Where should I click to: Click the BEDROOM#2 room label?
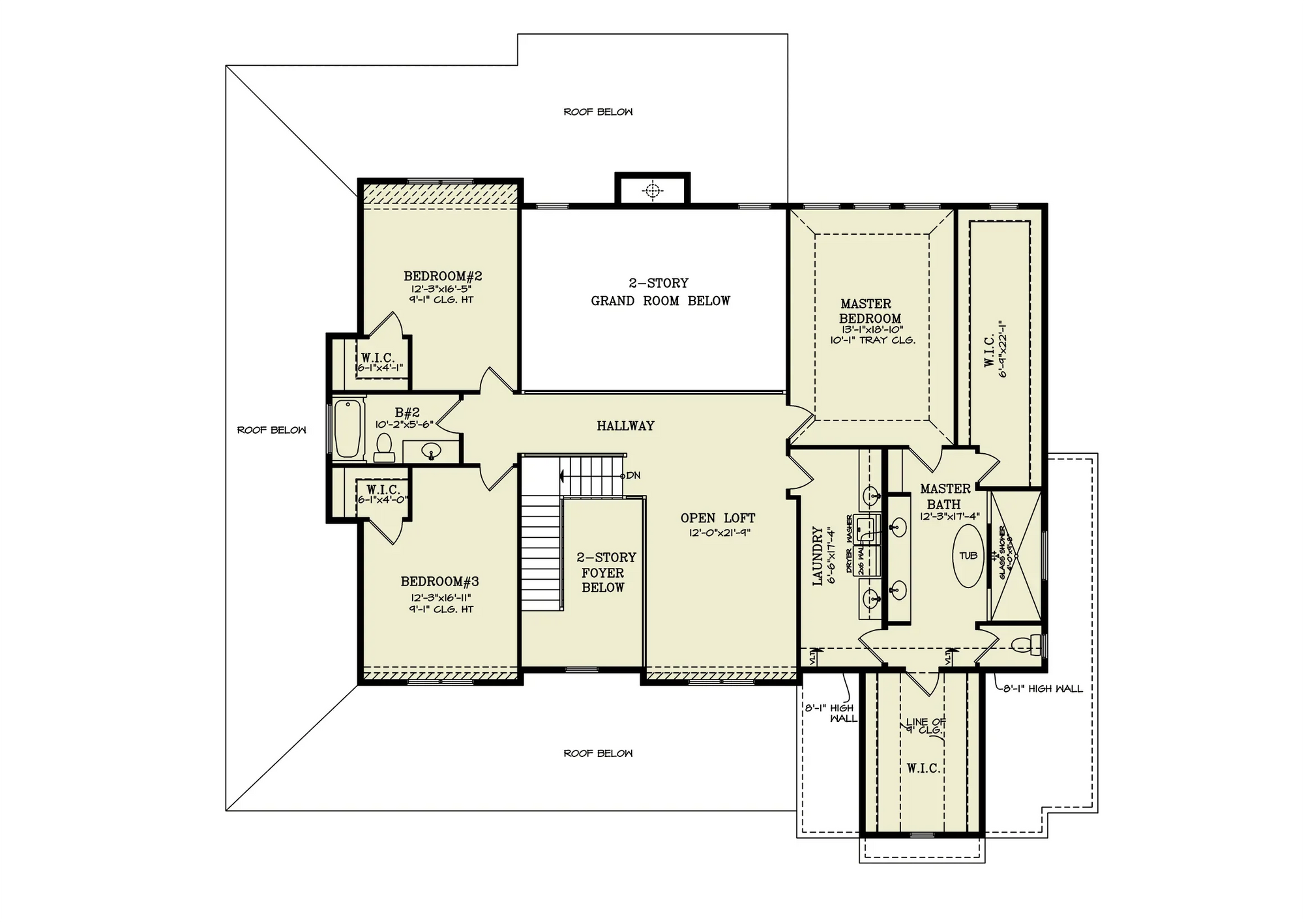pos(443,276)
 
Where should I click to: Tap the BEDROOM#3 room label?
pos(439,582)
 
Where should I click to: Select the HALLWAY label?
pos(625,426)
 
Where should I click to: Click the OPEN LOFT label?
pos(718,518)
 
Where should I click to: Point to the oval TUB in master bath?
pos(968,556)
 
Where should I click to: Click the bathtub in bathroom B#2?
pos(348,428)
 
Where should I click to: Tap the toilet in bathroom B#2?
pos(384,447)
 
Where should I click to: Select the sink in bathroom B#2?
pos(431,450)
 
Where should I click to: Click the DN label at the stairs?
pos(633,475)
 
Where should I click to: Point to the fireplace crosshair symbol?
pos(652,190)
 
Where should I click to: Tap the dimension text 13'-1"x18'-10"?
pos(872,330)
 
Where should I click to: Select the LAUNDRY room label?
pos(818,556)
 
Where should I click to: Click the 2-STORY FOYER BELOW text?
pos(606,573)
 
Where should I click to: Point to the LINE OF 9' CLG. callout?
pos(925,726)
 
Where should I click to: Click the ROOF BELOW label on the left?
pos(271,430)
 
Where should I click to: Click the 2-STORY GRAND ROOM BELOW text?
pos(660,292)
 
